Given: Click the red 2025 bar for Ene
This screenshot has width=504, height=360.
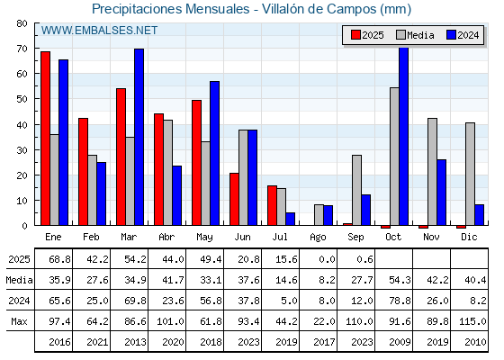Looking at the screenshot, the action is [45, 139].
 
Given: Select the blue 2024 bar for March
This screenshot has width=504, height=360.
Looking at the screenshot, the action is [139, 137].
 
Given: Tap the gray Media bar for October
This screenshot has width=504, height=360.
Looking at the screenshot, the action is [394, 157].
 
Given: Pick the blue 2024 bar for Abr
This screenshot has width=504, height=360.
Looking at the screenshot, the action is [176, 195].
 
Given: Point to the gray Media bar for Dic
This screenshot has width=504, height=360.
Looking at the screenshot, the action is [470, 174].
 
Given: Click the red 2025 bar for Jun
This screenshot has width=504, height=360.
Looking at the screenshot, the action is [234, 199].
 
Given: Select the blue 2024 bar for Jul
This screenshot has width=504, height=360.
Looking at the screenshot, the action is [290, 219].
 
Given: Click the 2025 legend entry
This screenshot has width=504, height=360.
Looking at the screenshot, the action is [367, 35].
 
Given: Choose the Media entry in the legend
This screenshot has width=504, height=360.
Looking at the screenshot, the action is [415, 35].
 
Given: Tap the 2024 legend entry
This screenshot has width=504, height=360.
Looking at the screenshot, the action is [463, 35].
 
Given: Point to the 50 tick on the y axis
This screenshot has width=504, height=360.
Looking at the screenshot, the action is [22, 99].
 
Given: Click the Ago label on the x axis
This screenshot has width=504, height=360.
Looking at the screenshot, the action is [318, 238].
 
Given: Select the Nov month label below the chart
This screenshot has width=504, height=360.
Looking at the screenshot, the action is [431, 238].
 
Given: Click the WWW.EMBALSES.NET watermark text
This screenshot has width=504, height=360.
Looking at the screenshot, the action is [99, 31].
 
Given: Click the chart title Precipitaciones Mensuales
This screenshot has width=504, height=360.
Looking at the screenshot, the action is [171, 9].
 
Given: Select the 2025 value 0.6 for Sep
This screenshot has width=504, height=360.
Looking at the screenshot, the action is [364, 259].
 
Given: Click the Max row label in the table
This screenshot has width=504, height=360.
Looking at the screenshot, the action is [19, 321].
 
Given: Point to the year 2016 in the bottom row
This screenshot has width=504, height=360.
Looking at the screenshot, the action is [59, 342].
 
